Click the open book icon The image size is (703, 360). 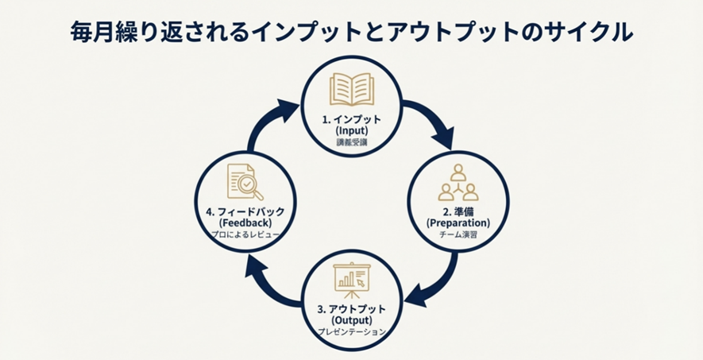[x=352, y=91]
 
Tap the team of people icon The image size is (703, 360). [x=458, y=182]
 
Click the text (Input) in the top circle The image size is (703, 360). [x=352, y=130]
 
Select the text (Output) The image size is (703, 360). [x=352, y=319]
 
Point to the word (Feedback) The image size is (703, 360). [x=245, y=223]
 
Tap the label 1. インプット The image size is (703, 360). [x=352, y=118]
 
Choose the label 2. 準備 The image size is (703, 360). [x=458, y=211]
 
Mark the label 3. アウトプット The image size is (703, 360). [x=352, y=308]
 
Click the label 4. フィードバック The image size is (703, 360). [x=245, y=212]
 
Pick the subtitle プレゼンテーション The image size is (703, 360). [x=351, y=331]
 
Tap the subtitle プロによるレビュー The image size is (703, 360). [x=245, y=235]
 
